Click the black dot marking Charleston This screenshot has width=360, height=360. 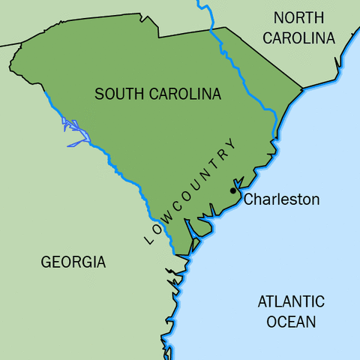point(233,191)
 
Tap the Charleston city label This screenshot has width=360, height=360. point(282,200)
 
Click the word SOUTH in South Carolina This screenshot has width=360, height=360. point(119,94)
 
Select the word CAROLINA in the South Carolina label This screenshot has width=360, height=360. point(184,94)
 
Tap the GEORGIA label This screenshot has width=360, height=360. point(73,262)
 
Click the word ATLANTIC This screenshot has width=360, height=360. point(291,301)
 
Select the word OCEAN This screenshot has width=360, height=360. point(291,322)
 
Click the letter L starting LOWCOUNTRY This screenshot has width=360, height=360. point(147,240)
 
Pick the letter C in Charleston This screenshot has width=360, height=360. point(250,200)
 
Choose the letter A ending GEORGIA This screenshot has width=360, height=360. point(100,262)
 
